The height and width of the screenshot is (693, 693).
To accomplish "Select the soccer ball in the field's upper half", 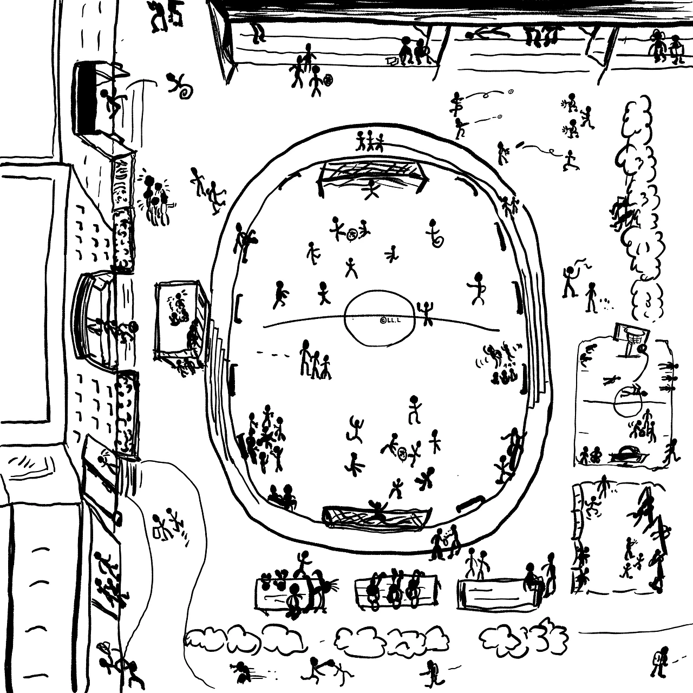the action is click(352, 234).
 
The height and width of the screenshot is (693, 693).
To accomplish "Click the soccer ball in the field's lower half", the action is click(402, 452).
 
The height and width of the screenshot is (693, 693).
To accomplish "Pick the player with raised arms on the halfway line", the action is click(426, 313).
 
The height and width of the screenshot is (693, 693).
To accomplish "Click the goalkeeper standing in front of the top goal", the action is click(371, 189).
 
